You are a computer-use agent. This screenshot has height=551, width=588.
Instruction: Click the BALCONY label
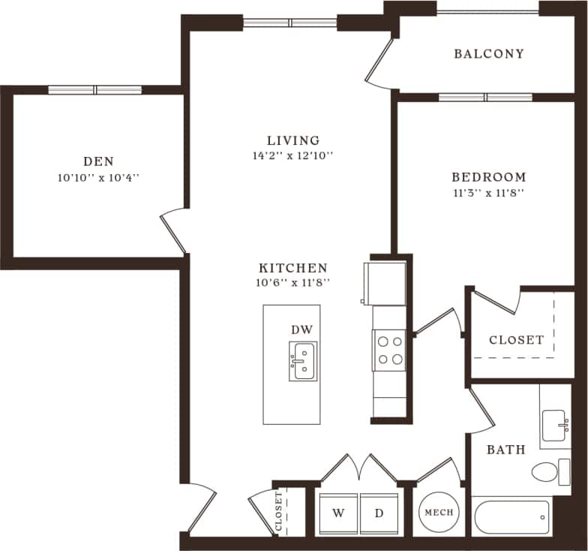tap(489, 54)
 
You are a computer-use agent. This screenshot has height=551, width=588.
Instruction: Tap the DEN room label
tap(98, 161)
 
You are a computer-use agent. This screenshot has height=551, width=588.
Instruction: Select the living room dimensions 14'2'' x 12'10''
tap(293, 156)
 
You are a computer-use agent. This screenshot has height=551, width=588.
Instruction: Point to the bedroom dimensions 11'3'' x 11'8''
tap(488, 192)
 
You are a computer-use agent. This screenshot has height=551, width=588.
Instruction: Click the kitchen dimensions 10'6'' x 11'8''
tap(293, 283)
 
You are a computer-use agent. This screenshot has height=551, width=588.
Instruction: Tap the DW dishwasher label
tap(301, 330)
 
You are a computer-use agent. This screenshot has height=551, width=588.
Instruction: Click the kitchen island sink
tap(303, 361)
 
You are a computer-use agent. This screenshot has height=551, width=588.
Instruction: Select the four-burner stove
tap(389, 350)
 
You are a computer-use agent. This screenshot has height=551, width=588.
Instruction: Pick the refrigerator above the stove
tap(385, 283)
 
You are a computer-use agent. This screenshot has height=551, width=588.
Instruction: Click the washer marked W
tap(338, 513)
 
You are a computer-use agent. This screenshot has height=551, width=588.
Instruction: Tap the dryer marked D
tap(379, 513)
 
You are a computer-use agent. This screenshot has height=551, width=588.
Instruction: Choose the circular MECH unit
tap(439, 513)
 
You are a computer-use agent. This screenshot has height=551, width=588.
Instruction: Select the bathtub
tap(511, 516)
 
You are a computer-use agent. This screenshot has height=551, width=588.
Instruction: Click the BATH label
tap(505, 450)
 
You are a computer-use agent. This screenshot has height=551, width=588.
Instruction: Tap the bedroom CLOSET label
tap(516, 339)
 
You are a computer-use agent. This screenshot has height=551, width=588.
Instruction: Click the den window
tap(95, 90)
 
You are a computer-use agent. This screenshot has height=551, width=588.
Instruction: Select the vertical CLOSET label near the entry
tap(279, 513)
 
